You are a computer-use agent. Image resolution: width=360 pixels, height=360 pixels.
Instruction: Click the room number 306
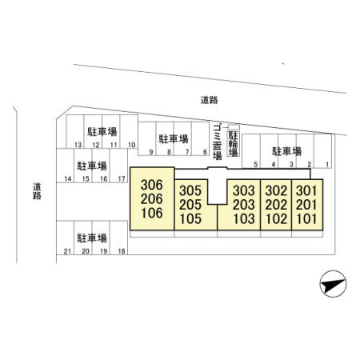(151, 185)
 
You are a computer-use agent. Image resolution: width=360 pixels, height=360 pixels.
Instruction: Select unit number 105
(190, 219)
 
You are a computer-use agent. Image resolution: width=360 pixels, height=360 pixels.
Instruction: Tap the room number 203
(244, 205)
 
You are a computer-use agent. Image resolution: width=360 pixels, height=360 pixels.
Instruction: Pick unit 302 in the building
(276, 190)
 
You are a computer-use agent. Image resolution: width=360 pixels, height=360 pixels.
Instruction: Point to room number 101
(306, 219)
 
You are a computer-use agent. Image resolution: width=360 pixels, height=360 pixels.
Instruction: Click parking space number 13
(78, 145)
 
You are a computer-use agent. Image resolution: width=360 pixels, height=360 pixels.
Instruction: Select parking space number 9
(151, 152)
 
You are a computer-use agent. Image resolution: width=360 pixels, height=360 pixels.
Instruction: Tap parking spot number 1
(327, 165)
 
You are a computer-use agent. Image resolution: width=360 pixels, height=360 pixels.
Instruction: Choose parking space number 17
(122, 178)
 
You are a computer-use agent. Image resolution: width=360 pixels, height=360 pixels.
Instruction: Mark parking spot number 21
(67, 251)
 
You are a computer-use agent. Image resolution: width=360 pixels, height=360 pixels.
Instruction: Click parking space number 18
(122, 251)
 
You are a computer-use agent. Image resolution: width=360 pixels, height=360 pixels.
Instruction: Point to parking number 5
(255, 165)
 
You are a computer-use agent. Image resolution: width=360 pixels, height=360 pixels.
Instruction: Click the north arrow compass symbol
(333, 284)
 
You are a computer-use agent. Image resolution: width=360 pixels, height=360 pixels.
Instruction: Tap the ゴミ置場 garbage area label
(218, 141)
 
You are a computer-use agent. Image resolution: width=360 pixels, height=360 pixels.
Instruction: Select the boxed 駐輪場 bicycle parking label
(233, 143)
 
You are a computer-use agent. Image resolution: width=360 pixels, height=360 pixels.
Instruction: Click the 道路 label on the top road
(210, 100)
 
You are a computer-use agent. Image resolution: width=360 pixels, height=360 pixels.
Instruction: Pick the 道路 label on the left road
(37, 191)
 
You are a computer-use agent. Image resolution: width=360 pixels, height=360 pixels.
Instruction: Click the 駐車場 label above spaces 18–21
(92, 238)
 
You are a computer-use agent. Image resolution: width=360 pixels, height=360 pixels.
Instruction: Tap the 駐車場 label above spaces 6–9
(174, 139)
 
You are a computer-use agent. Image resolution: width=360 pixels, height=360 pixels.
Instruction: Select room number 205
(190, 205)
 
